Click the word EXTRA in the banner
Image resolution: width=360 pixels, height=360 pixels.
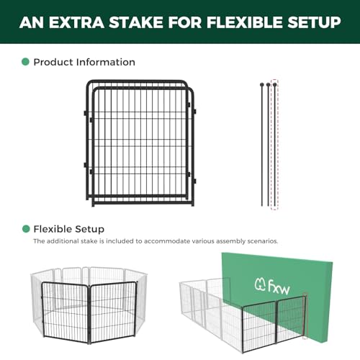76,22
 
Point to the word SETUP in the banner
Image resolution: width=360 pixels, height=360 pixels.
314,22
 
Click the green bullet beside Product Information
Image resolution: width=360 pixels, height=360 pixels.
25,62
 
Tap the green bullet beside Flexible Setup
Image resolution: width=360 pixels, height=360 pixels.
26,229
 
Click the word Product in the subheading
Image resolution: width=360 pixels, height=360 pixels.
53,62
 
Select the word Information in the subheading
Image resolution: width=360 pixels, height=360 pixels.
106,62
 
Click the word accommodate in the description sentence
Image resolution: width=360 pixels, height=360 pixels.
167,241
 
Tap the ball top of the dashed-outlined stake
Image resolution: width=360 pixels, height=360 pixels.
274,85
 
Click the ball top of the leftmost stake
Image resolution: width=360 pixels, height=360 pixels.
262,85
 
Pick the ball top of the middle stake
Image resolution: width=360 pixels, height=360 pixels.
269,85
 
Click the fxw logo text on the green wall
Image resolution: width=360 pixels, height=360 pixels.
279,287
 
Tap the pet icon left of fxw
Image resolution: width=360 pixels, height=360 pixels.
260,285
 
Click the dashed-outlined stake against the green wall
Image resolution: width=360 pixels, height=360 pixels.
305,315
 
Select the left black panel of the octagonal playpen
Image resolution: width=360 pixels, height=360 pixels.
66,312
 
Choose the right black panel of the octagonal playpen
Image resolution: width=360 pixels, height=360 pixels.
113,312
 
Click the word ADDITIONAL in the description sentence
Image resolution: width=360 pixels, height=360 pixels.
64,241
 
